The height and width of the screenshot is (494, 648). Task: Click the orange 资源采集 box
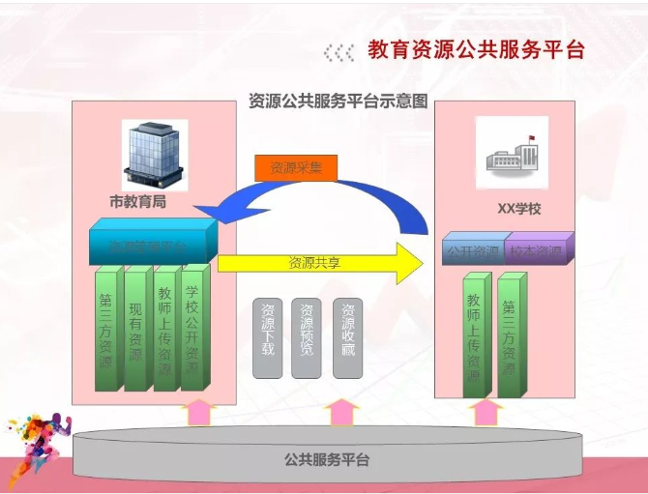tap(296, 167)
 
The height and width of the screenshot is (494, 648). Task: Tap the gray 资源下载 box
tap(268, 337)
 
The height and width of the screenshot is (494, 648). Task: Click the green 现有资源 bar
tap(136, 331)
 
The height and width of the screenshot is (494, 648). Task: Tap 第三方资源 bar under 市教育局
tap(107, 331)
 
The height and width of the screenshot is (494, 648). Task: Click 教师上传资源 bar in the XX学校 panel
tap(474, 336)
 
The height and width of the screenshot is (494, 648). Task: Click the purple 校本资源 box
tap(538, 250)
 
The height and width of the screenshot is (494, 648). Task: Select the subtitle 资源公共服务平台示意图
tap(338, 101)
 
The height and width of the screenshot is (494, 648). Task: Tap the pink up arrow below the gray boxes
tap(340, 412)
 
